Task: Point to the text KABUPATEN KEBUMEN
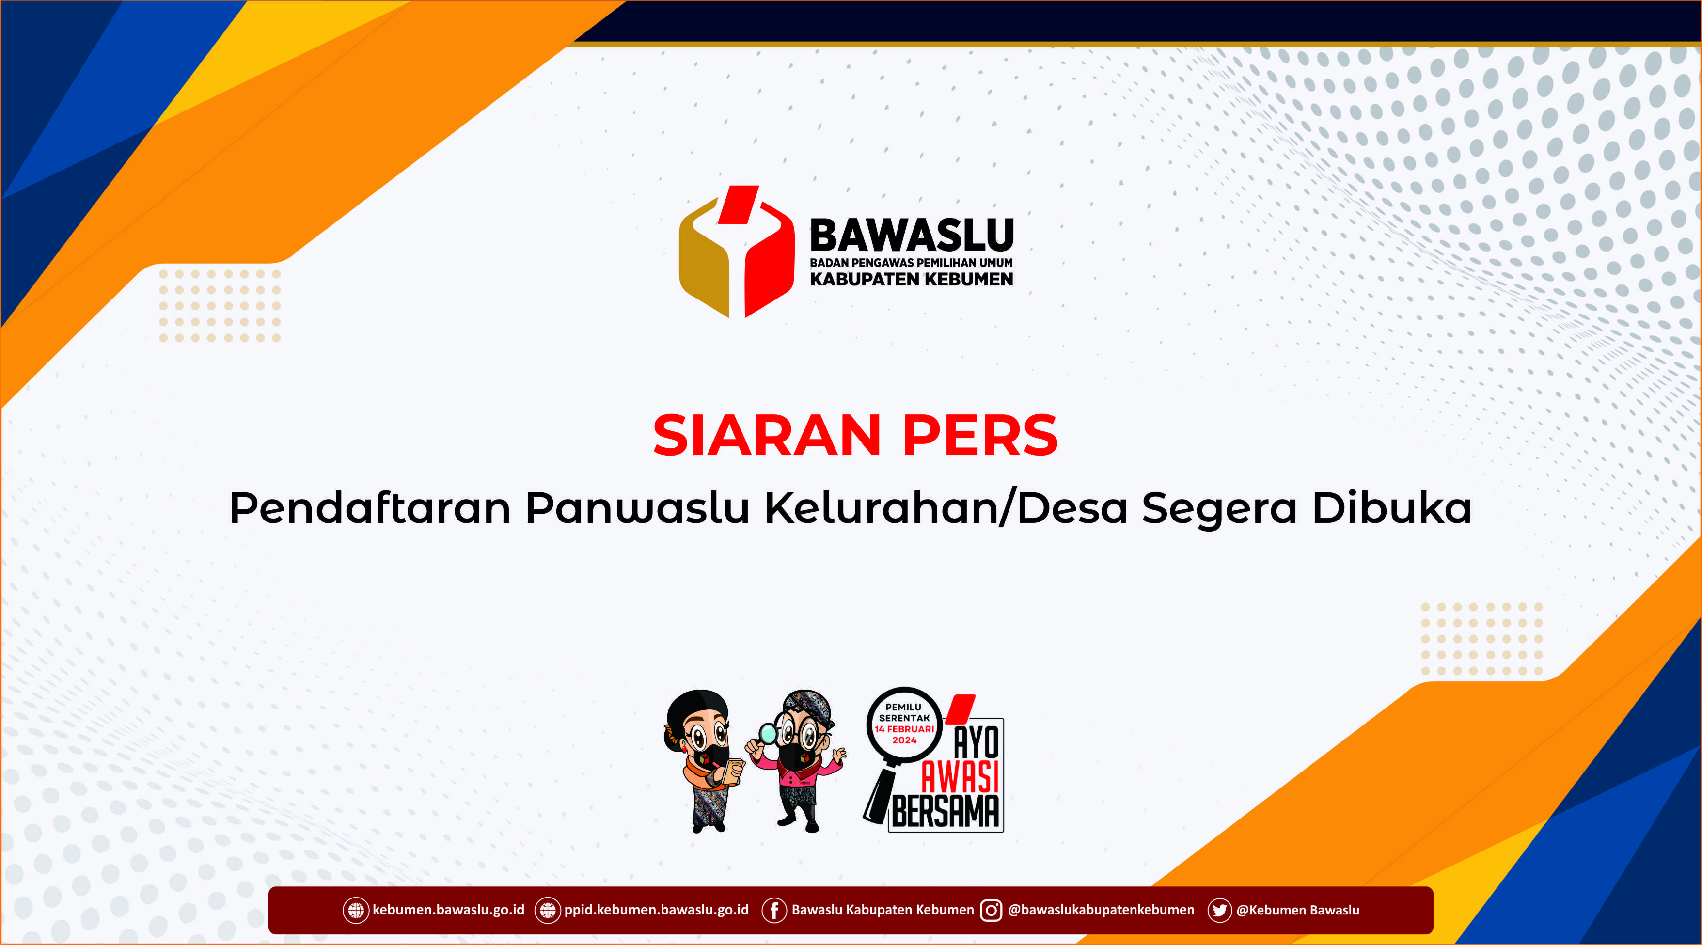pos(911,280)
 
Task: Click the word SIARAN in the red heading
pos(766,436)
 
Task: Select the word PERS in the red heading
pos(980,436)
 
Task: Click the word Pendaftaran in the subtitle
pos(370,508)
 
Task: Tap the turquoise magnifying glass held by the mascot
pos(768,733)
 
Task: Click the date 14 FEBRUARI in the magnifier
pos(904,729)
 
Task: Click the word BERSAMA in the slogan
pos(945,812)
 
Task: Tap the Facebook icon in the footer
pos(773,910)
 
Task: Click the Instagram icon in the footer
pos(991,910)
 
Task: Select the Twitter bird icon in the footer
pos(1219,910)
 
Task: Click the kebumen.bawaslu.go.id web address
pos(448,910)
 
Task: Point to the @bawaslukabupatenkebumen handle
pos(1101,910)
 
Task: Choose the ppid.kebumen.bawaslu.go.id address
pos(656,910)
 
